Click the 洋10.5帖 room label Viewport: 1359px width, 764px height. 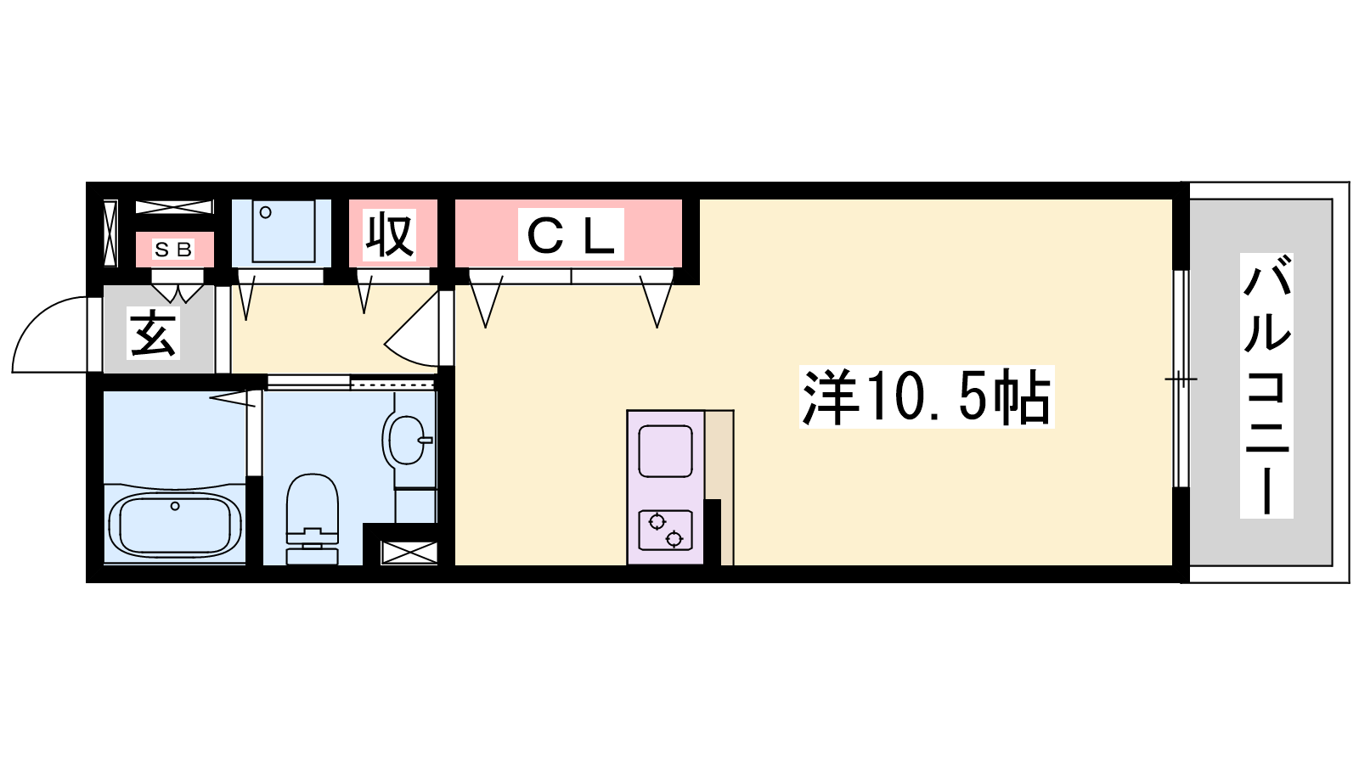927,397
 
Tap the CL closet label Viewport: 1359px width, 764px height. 571,234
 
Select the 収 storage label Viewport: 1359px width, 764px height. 390,234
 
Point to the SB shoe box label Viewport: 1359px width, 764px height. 173,250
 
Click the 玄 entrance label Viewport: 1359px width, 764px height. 154,333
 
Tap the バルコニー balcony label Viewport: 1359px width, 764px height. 1266,385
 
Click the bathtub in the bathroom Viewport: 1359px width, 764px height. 175,524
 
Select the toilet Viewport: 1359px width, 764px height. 312,519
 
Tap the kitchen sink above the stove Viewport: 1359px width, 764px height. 666,451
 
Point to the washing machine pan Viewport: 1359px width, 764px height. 281,233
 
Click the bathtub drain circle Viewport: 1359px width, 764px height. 175,506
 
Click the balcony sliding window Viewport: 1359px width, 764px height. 1181,379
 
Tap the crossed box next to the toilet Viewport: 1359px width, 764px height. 409,553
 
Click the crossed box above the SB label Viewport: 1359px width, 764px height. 174,207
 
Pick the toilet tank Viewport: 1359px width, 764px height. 312,555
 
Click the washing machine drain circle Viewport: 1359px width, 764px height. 266,213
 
